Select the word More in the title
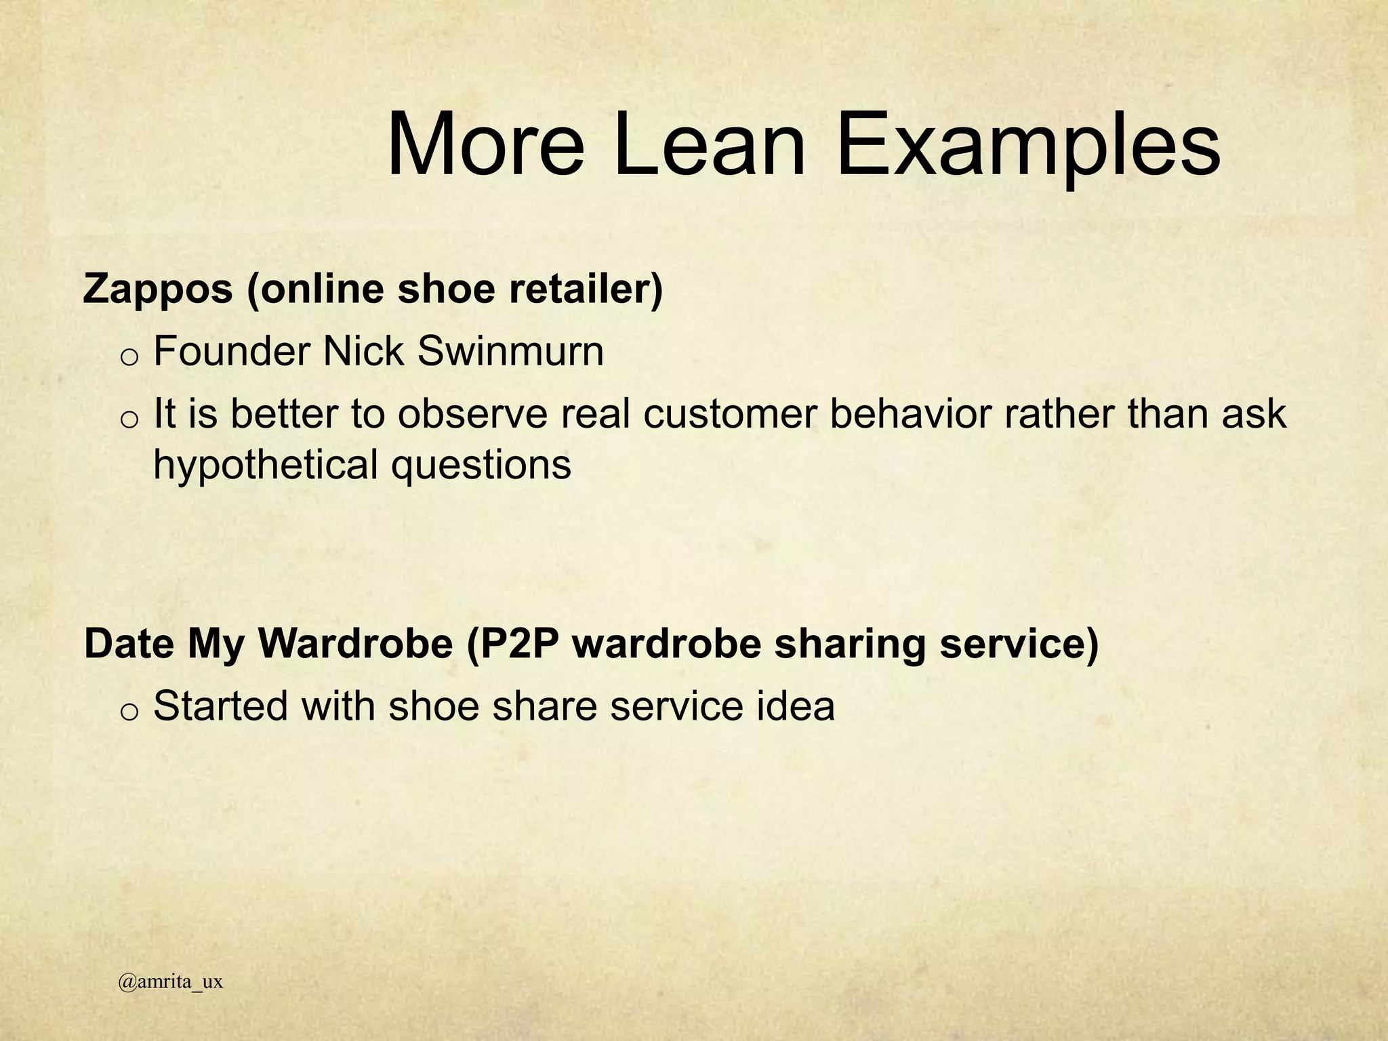coord(485,145)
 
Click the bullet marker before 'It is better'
coord(129,419)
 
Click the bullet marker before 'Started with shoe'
coord(129,710)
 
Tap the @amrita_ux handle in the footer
coord(170,982)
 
